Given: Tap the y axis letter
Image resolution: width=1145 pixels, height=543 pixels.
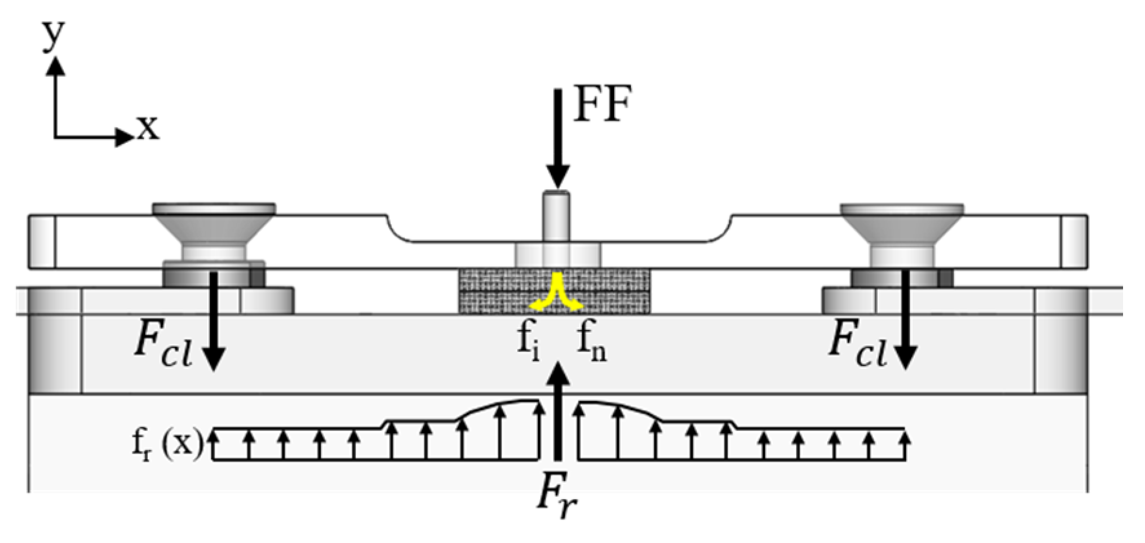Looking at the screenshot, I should [54, 35].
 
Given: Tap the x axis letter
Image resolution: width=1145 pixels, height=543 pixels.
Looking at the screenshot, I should [148, 127].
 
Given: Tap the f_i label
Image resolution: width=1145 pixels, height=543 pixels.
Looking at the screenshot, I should [528, 342].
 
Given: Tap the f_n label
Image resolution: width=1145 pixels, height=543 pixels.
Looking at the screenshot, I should [592, 342].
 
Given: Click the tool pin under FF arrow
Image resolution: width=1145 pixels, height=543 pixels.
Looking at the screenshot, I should [556, 216].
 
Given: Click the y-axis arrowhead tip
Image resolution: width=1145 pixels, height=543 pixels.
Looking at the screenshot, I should [56, 59].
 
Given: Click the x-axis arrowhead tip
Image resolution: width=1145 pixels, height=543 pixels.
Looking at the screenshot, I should [132, 137].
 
